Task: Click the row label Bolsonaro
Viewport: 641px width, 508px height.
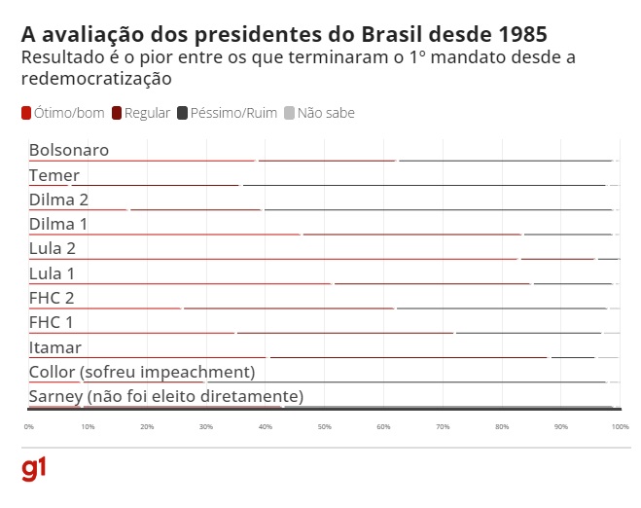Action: coord(69,150)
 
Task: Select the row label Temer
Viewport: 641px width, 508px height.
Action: coord(54,175)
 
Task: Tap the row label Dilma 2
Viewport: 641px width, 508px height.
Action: coord(59,200)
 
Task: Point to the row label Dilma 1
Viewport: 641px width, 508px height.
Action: coord(59,224)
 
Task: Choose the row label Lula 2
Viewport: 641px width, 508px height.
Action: coord(53,248)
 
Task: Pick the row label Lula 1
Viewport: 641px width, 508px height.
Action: coord(53,272)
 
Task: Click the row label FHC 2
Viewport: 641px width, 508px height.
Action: coord(52,297)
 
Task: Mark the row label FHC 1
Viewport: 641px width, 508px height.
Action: coord(52,321)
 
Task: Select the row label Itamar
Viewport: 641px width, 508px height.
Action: coord(55,346)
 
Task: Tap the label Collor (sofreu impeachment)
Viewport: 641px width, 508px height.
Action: coord(142,372)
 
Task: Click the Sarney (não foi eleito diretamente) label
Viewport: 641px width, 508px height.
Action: coord(166,396)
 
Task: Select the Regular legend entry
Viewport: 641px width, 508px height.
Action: coord(147,113)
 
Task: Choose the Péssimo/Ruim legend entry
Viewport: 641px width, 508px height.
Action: coord(233,113)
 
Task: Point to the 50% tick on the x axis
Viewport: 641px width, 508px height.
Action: coord(324,426)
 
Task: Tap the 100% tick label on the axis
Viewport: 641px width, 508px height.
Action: coord(620,426)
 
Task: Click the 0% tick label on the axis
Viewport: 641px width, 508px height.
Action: coord(29,426)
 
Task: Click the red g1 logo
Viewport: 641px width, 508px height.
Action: coord(34,469)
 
